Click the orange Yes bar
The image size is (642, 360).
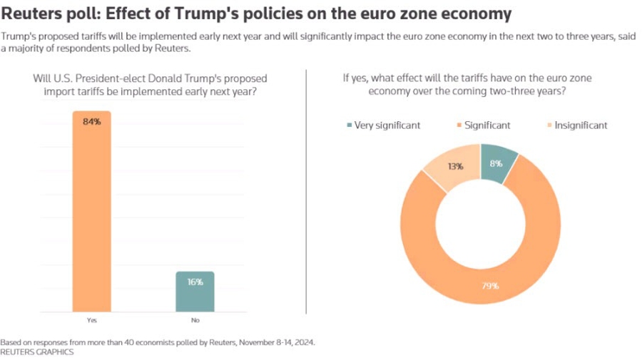click(x=92, y=214)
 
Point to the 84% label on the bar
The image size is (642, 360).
click(x=92, y=122)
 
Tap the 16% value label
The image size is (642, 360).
click(x=195, y=282)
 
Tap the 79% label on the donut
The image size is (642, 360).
click(x=490, y=286)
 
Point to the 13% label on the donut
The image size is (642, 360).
click(x=455, y=166)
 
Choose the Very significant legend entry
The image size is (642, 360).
click(x=383, y=125)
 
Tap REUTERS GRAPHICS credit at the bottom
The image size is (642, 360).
click(x=36, y=352)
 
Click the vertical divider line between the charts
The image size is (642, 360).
click(x=306, y=192)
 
